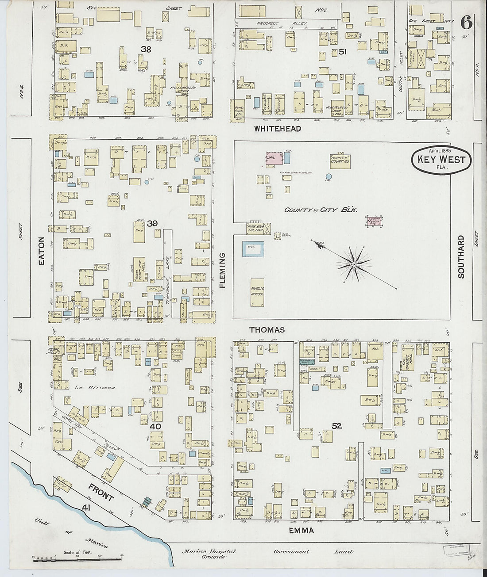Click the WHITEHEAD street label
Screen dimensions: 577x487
click(x=278, y=129)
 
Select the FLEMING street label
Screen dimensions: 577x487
click(x=222, y=270)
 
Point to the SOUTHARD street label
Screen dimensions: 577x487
click(x=461, y=257)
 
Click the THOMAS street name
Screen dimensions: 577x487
click(x=267, y=330)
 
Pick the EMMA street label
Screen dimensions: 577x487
click(x=302, y=530)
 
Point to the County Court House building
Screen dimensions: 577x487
click(x=340, y=159)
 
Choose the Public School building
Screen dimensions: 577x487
click(x=257, y=292)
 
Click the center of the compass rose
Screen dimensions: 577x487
click(x=354, y=264)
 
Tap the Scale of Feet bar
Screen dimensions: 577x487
click(x=50, y=560)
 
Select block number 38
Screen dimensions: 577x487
click(x=146, y=50)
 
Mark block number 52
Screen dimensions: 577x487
click(x=337, y=426)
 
